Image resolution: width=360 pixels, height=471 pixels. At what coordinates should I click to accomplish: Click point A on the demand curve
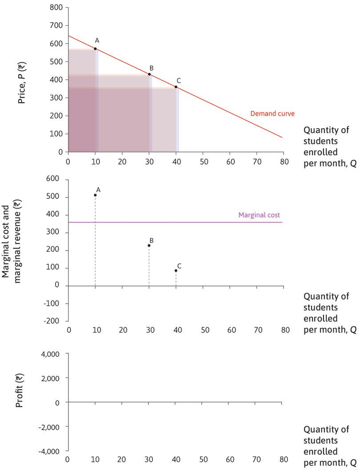coord(95,48)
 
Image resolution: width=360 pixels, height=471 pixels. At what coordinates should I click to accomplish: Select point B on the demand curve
coord(149,74)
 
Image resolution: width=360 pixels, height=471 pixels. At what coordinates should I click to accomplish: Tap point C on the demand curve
coord(176,87)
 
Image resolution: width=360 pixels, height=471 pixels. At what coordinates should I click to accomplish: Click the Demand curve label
coord(266,113)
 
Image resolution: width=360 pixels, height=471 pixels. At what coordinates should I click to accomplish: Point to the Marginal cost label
coord(259,215)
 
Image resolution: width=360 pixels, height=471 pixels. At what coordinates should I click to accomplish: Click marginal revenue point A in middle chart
coord(95,195)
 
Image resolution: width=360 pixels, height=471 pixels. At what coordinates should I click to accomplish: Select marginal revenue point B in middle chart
coord(149,246)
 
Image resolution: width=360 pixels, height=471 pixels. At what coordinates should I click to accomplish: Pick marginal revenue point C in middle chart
coord(176,270)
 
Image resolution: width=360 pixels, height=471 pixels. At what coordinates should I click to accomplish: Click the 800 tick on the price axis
coord(56,8)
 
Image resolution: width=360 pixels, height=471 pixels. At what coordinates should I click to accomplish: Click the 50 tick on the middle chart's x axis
coord(205,330)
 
